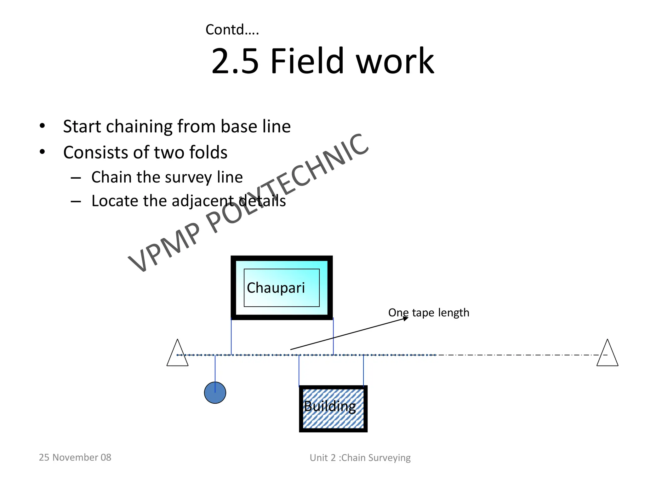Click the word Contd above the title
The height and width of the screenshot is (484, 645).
tap(225, 30)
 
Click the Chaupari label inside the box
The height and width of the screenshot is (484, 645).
tap(276, 288)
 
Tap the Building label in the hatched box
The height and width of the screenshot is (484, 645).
tap(330, 406)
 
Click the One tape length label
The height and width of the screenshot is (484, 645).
tap(429, 313)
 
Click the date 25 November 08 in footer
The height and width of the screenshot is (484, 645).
tap(75, 457)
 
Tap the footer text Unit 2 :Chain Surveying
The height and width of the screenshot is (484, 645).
tap(360, 458)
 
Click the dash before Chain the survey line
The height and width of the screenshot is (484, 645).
tap(76, 178)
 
